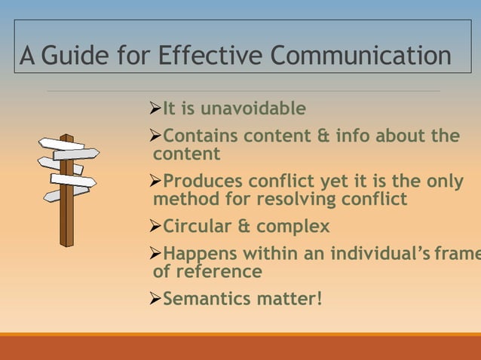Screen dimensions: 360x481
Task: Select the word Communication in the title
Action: coord(360,56)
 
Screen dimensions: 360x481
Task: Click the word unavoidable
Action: coord(253,109)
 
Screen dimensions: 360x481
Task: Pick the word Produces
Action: coord(203,182)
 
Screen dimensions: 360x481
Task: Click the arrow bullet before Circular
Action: coord(156,227)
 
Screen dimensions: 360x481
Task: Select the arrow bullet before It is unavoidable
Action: coord(156,109)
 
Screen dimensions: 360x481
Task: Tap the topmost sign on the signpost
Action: coord(60,143)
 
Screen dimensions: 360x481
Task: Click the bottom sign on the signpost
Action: coord(65,195)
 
